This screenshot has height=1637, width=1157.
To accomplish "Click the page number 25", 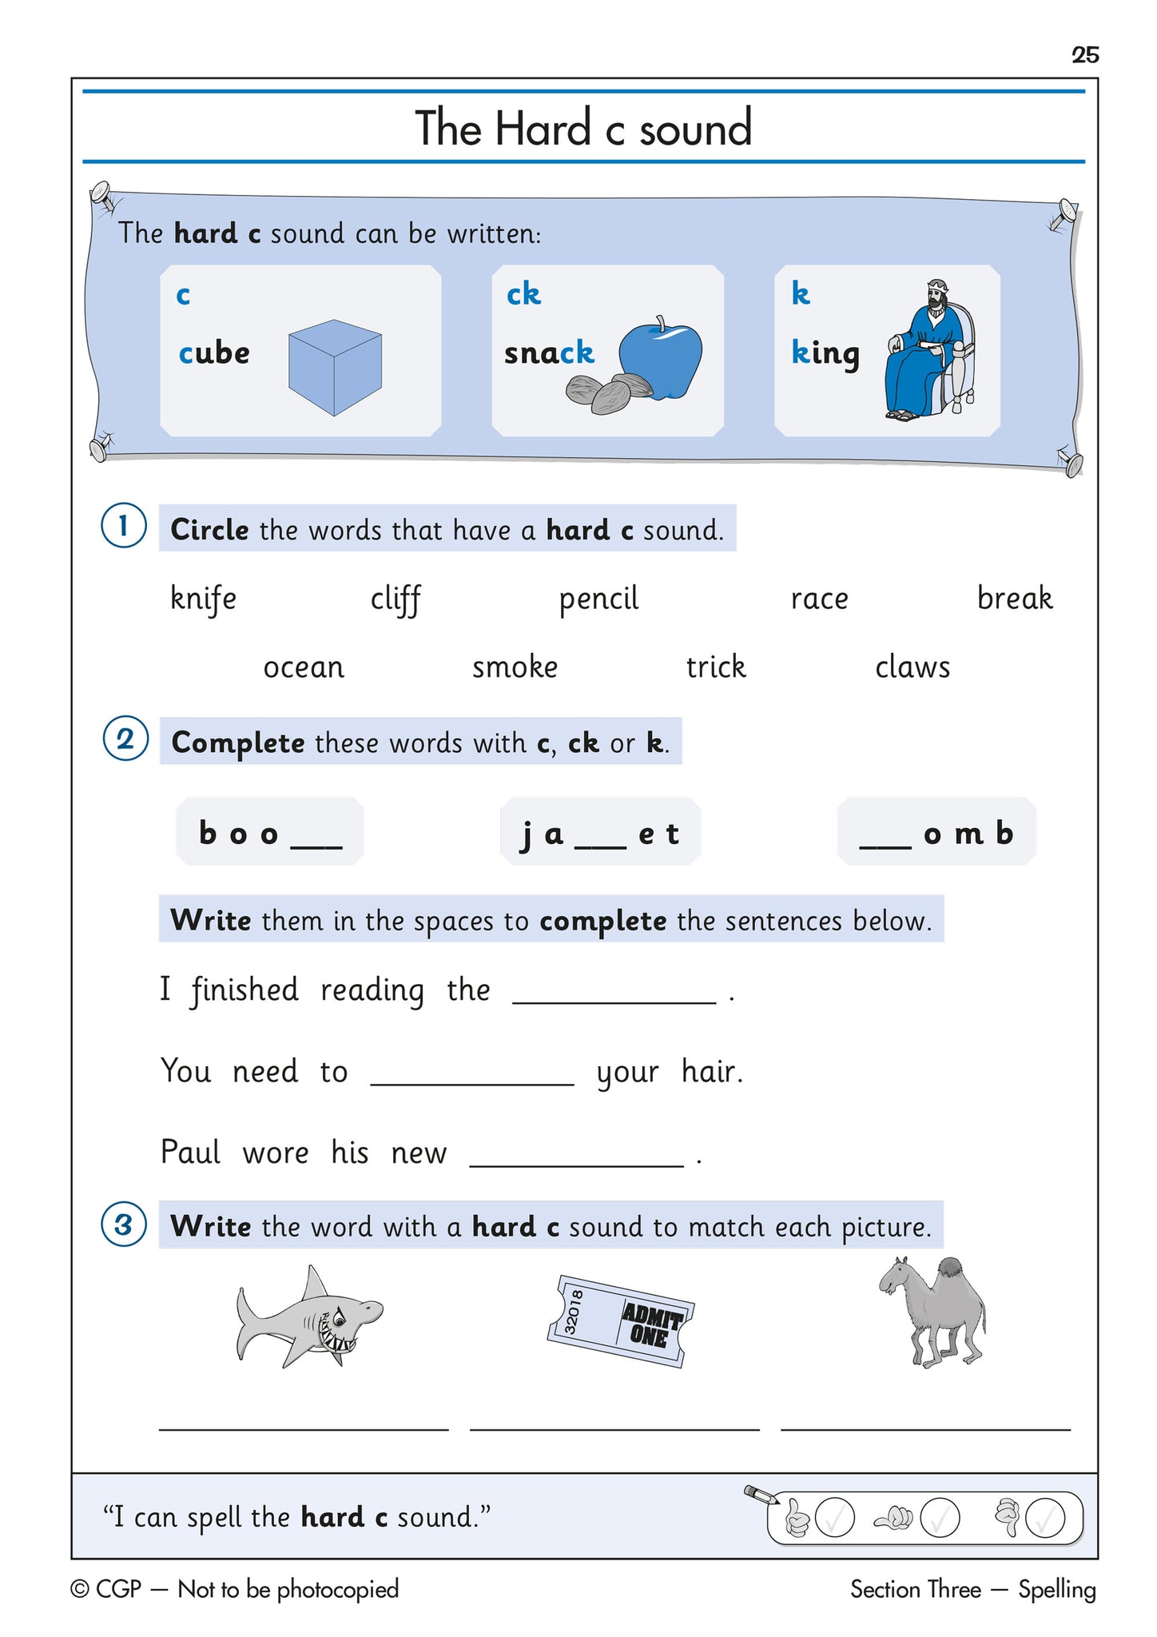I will [1085, 55].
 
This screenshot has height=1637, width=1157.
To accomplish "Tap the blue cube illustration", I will [335, 368].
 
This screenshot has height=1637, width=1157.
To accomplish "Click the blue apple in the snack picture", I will [661, 359].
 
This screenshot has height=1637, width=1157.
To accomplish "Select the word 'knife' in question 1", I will [203, 599].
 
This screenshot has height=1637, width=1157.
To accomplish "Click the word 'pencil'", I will [598, 599].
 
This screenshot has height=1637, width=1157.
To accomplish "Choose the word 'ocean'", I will [304, 667].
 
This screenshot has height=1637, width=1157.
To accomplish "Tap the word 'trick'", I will [716, 667].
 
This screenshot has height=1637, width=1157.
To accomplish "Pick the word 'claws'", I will [912, 667].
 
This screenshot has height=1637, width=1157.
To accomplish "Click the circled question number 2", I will [125, 739].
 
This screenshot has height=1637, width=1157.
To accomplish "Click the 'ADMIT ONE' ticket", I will [620, 1320].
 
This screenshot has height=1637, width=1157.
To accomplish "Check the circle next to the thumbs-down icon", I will [1044, 1519].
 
